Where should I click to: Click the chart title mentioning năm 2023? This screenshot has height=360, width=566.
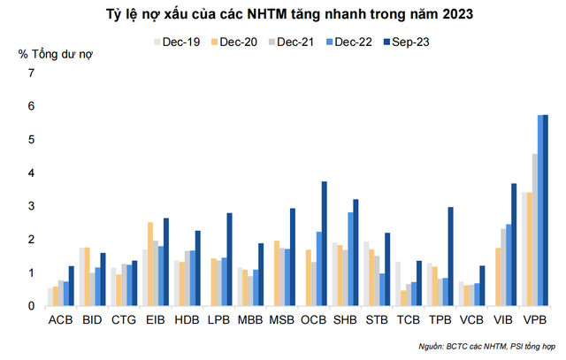pos(283,14)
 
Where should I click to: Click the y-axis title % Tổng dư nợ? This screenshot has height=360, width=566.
pos(55,55)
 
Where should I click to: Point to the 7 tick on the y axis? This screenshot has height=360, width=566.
pos(31,73)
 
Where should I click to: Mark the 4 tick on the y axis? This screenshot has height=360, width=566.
pos(31,172)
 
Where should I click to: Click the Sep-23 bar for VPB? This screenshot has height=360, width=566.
pos(546,211)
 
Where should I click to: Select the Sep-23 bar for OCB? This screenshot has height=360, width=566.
pos(324,244)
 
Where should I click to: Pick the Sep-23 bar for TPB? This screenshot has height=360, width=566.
pos(450,257)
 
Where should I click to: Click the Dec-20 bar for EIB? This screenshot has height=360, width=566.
pos(150,264)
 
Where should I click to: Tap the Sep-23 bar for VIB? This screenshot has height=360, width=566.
pos(514,245)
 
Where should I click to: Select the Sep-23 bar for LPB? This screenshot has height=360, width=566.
pos(229,260)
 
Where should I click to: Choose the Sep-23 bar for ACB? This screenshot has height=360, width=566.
pos(71,287)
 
